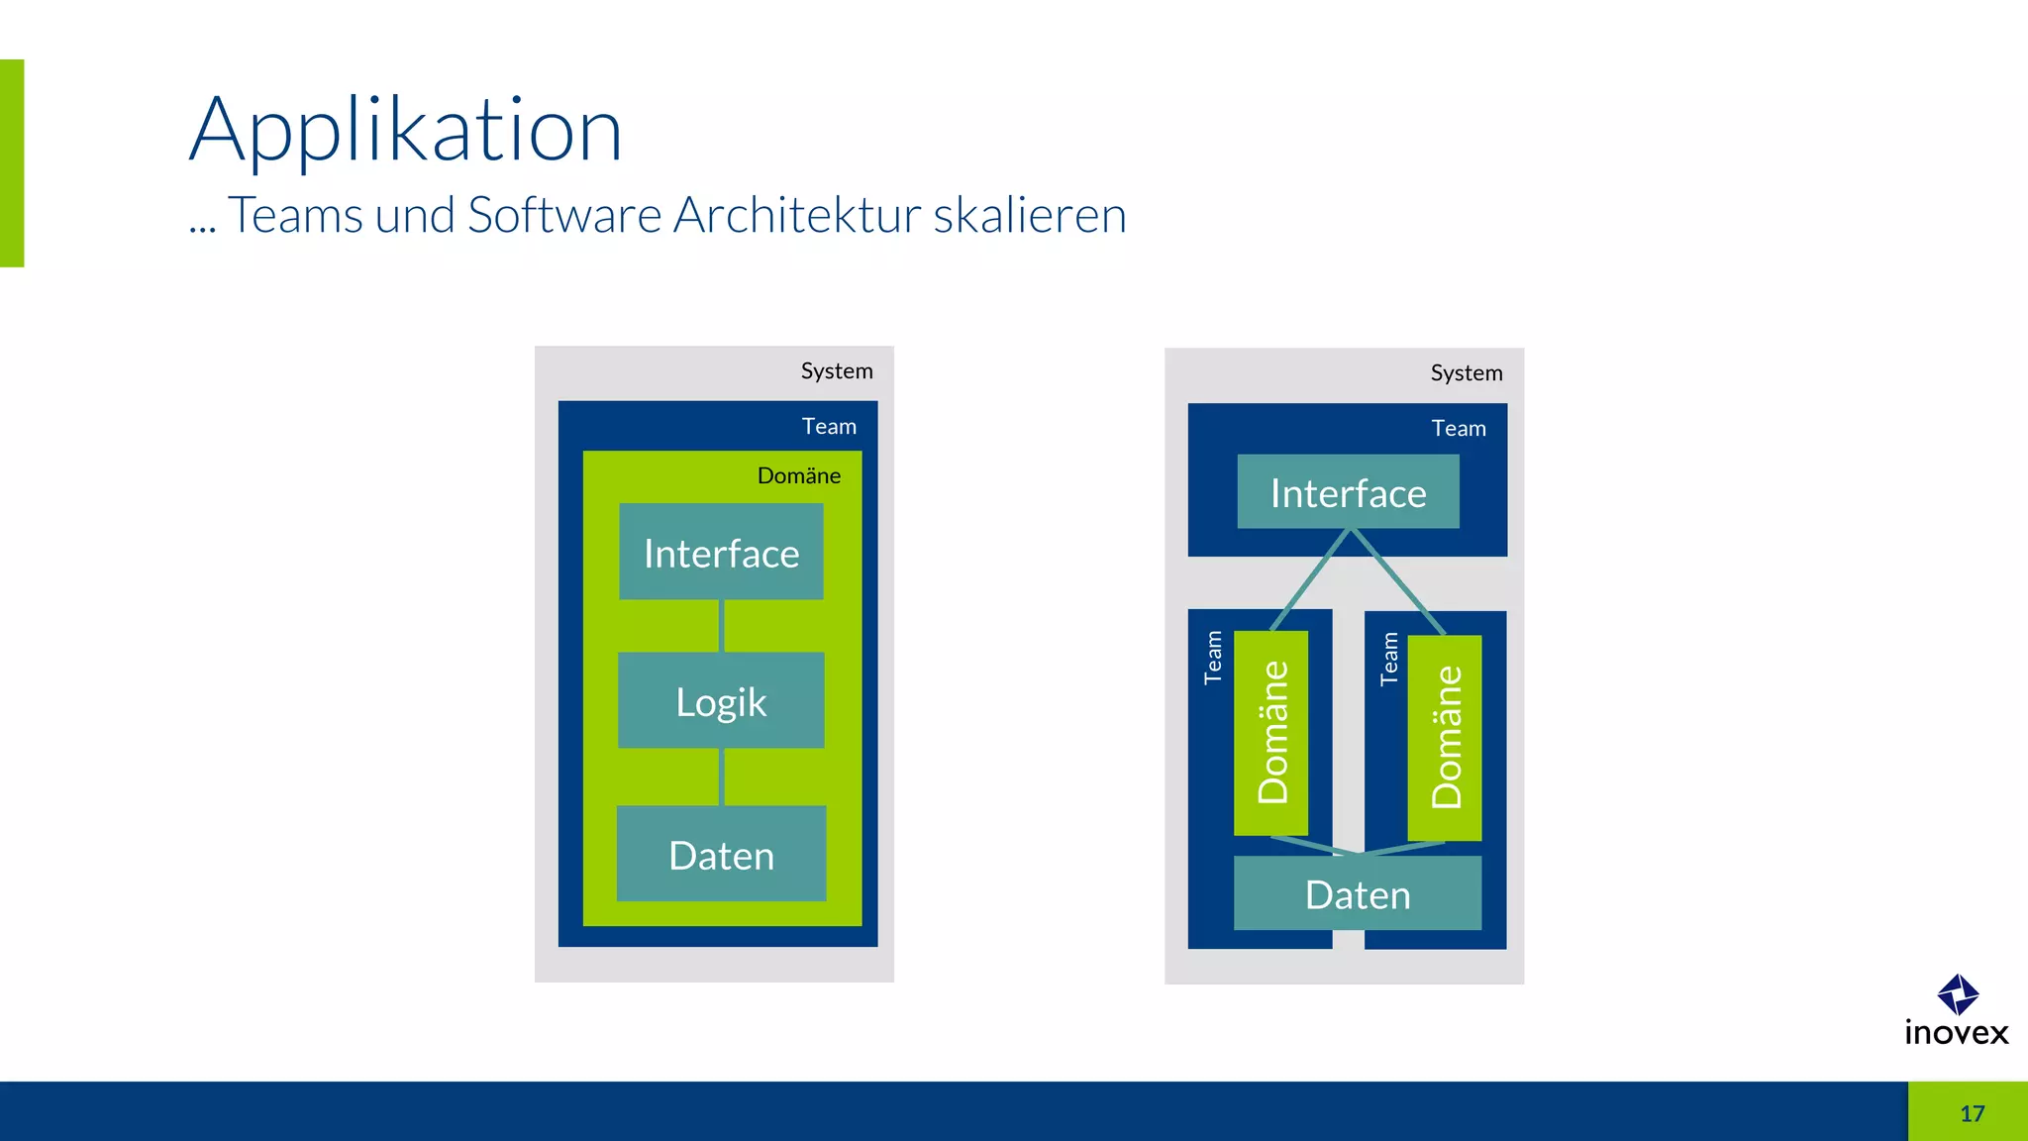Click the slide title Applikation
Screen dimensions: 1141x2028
[x=406, y=130]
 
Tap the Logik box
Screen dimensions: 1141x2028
[x=721, y=700]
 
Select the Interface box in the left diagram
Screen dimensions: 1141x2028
[x=721, y=552]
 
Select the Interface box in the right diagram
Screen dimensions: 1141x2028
[x=1348, y=492]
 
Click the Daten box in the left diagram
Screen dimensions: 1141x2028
[x=721, y=854]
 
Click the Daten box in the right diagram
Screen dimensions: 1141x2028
[x=1357, y=893]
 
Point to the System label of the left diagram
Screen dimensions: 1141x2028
[x=837, y=371]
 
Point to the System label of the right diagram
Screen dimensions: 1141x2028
[x=1467, y=373]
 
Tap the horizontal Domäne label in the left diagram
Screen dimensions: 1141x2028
[x=798, y=476]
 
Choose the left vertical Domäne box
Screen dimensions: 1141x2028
[x=1271, y=733]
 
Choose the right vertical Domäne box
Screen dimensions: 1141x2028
[x=1445, y=738]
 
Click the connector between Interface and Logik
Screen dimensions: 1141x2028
[x=722, y=626]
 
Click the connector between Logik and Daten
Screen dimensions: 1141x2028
[x=722, y=777]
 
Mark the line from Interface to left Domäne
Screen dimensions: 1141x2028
[x=1310, y=580]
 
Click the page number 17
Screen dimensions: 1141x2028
[x=1972, y=1113]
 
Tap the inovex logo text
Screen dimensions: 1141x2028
[x=1957, y=1033]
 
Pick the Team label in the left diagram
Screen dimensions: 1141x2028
[x=829, y=427]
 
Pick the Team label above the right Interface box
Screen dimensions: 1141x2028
[x=1459, y=429]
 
